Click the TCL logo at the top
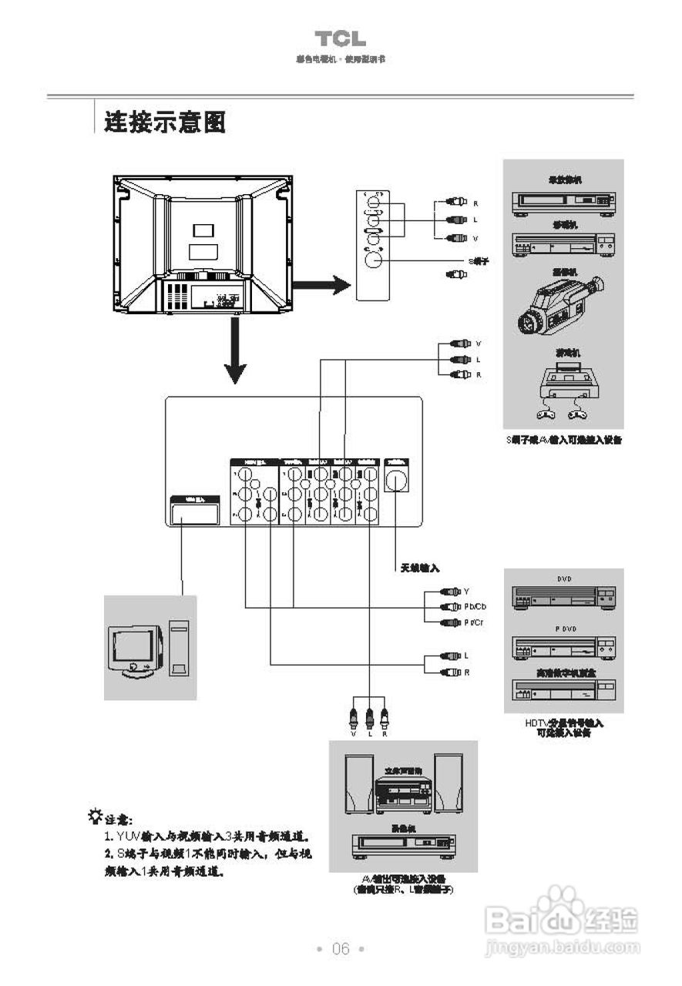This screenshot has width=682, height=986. click(340, 39)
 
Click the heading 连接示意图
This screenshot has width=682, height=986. click(165, 122)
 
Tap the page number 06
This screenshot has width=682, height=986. click(341, 948)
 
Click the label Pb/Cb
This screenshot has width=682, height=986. click(475, 607)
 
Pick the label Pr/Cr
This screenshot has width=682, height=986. click(474, 622)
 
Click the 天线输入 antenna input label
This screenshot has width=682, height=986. click(419, 568)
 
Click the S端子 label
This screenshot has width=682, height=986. click(479, 261)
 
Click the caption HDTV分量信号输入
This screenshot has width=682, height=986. click(564, 723)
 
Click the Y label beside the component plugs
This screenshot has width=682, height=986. click(466, 592)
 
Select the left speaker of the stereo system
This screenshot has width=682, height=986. click(358, 783)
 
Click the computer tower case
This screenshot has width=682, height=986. click(179, 650)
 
